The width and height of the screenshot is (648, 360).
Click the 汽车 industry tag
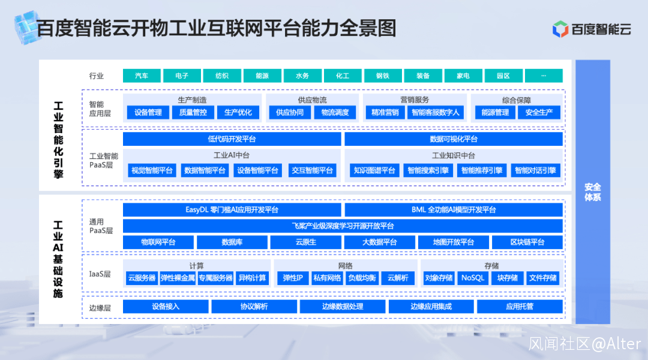142,76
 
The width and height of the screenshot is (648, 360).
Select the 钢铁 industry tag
383,76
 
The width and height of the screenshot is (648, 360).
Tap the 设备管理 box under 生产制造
148,112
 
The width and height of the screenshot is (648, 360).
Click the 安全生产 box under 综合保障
539,112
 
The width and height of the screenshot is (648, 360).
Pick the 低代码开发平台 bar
232,139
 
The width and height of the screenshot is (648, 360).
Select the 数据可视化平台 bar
454,139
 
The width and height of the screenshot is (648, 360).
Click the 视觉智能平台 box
152,170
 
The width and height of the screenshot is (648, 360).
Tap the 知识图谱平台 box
374,170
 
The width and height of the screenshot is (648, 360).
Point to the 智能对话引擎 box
535,170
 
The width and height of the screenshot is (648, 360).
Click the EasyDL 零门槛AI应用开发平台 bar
232,210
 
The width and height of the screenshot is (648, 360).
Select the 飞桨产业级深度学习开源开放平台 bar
343,226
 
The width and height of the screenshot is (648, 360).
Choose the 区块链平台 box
527,242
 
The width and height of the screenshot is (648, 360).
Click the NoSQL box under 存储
473,278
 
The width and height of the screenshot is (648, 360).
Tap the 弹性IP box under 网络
293,278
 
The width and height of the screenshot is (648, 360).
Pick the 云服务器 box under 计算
142,278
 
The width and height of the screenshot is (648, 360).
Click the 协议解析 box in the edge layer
254,307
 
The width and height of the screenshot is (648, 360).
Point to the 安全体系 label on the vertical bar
593,192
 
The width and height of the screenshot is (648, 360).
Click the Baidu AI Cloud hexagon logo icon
560,29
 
